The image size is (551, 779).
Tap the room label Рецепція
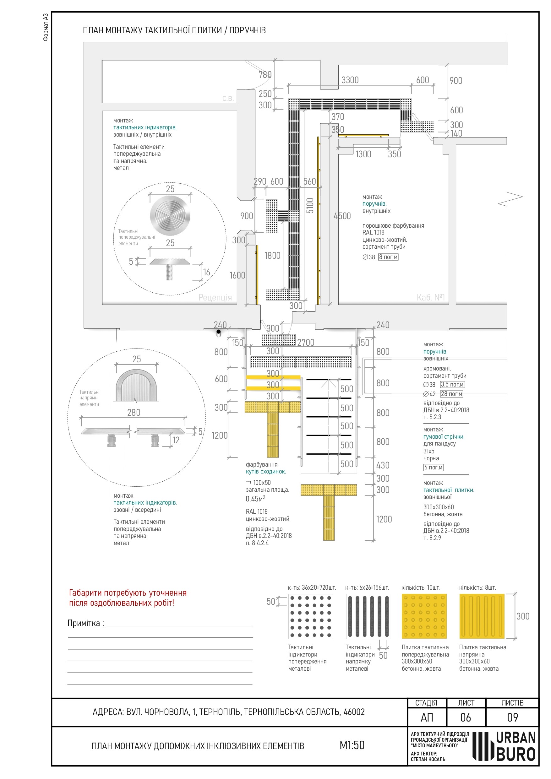(x=215, y=298)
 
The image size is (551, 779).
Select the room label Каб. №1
(x=430, y=298)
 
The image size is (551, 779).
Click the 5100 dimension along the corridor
(x=310, y=206)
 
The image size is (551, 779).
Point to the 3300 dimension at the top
(x=350, y=80)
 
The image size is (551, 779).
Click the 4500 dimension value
(x=342, y=216)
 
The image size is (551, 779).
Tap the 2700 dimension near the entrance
(x=306, y=343)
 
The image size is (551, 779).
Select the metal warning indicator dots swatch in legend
(x=310, y=616)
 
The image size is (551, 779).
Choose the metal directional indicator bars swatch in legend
(x=368, y=616)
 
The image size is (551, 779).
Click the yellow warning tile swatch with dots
(x=424, y=616)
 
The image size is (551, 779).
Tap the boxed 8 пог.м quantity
(x=388, y=257)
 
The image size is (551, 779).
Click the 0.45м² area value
(x=255, y=499)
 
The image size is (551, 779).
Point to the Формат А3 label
(x=46, y=27)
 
